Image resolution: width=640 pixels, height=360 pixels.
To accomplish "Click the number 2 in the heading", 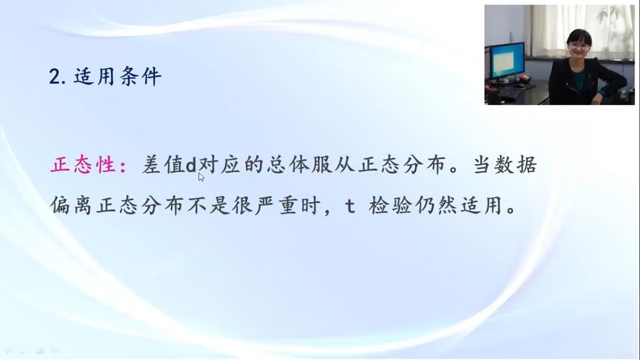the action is [55, 77].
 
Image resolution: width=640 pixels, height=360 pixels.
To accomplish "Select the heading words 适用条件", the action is [118, 76].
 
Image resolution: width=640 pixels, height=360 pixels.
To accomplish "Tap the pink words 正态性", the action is [83, 165].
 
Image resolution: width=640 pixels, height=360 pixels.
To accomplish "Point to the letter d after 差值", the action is [191, 165].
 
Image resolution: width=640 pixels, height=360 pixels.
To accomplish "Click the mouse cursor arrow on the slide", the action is [201, 177].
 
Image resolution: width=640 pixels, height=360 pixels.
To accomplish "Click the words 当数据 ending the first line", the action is [505, 165].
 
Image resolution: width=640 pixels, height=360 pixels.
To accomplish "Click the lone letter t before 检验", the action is [350, 206].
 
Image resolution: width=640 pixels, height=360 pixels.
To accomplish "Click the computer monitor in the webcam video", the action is [507, 60].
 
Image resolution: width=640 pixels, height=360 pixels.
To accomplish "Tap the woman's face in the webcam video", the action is [579, 46].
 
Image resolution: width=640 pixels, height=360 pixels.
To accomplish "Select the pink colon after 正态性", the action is [123, 166].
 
